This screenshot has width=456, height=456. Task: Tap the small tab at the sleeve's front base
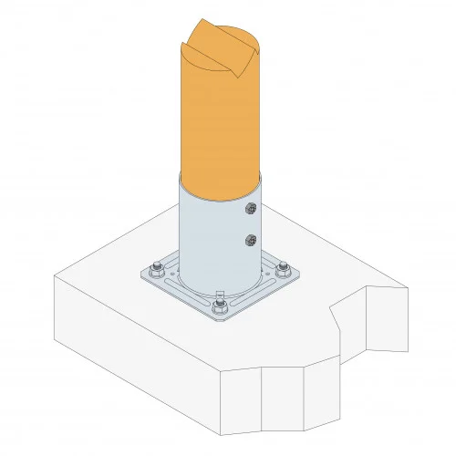point(219,294)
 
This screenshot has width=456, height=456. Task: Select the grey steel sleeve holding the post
point(210,237)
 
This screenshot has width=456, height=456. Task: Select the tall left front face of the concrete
point(137,365)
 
